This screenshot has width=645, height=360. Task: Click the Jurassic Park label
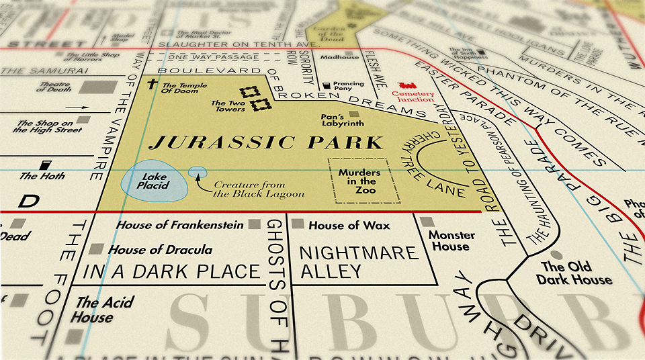[266, 142]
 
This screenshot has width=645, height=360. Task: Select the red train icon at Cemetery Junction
[407, 86]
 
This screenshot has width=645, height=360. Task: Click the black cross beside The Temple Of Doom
[153, 85]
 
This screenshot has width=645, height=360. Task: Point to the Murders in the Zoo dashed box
[363, 181]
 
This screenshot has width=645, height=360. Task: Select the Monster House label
[451, 240]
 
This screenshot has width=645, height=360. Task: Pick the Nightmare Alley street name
[359, 262]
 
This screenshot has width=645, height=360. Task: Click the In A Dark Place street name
[171, 271]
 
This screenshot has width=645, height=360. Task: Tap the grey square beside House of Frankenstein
[254, 224]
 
